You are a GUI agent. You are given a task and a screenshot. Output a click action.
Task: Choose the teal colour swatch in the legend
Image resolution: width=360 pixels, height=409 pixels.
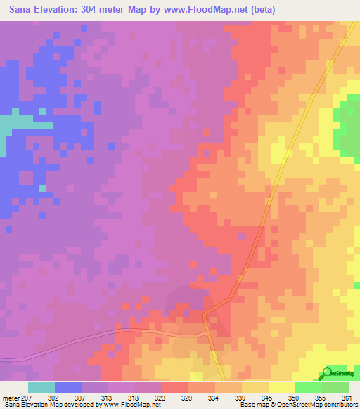click(41, 387)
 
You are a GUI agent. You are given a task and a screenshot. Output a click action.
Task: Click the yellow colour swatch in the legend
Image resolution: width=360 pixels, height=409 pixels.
click(282, 387)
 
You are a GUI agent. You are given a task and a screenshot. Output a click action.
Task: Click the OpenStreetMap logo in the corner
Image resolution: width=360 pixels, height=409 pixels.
click(337, 373)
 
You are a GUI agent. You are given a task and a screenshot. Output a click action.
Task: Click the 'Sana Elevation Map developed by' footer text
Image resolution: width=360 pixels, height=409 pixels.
click(51, 405)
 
